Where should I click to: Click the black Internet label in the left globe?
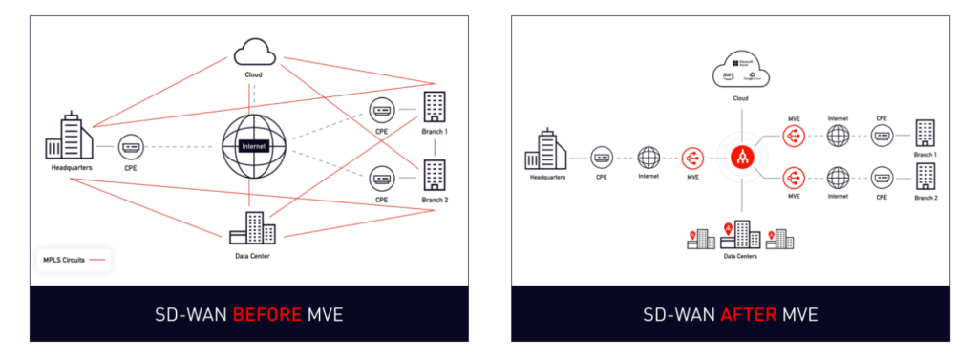click(254, 147)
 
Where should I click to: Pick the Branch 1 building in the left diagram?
click(435, 108)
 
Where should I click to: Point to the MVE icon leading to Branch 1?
click(793, 138)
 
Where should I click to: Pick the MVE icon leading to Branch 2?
click(793, 178)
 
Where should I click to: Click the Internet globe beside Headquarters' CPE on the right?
click(649, 157)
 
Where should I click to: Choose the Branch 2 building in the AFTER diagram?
click(925, 176)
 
